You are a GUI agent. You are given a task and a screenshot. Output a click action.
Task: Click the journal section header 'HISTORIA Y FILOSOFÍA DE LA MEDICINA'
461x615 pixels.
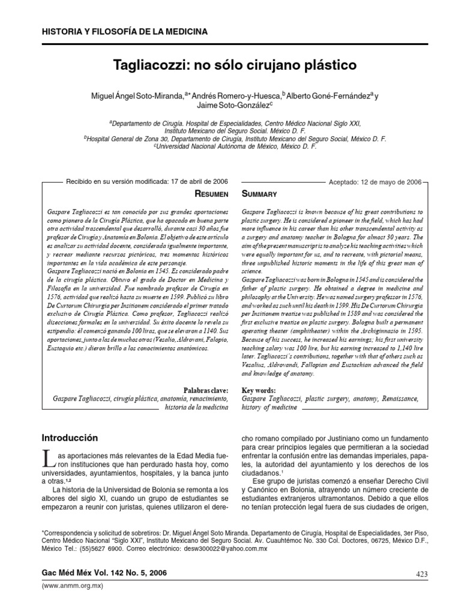click(x=124, y=31)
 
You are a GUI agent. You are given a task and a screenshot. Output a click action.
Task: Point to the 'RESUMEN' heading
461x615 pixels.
click(x=212, y=193)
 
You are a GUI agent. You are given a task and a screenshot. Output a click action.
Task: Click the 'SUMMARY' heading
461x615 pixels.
click(x=259, y=193)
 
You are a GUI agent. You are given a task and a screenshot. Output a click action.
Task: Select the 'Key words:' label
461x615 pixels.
click(x=259, y=390)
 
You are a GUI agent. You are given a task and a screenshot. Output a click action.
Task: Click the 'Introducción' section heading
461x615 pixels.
click(x=70, y=437)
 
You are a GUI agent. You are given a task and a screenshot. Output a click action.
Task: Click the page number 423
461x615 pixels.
click(x=421, y=574)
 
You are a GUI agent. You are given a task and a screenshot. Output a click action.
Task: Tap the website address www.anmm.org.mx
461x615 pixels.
click(x=69, y=585)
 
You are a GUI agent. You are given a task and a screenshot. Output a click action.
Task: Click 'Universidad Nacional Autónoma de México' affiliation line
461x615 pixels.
click(x=235, y=145)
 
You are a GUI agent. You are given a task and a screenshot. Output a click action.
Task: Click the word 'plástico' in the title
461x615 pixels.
click(x=328, y=64)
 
